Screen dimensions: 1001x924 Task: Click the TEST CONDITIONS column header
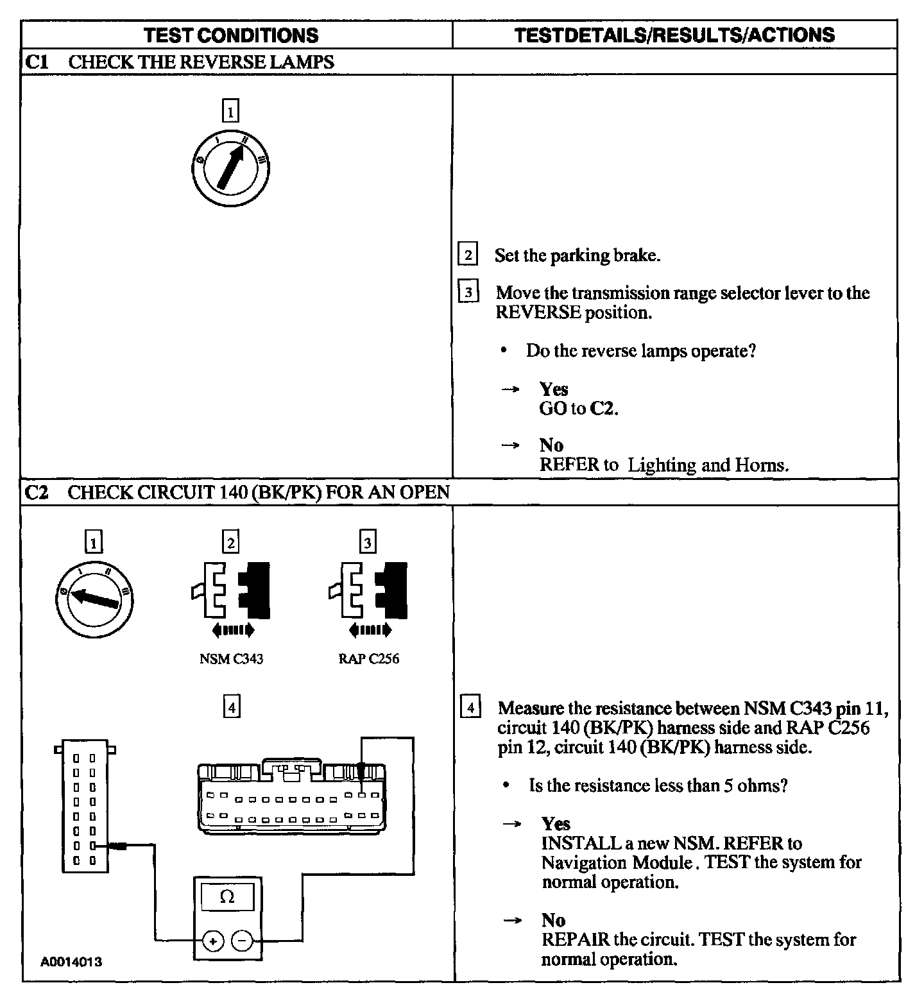pyautogui.click(x=231, y=35)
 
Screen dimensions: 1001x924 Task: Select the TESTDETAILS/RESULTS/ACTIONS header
pyautogui.click(x=674, y=35)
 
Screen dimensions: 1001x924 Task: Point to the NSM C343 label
pyautogui.click(x=231, y=659)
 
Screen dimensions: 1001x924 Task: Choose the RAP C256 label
pyautogui.click(x=368, y=659)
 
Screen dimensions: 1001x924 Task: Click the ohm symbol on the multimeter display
pyautogui.click(x=227, y=897)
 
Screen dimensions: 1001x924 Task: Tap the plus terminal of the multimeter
pyautogui.click(x=212, y=941)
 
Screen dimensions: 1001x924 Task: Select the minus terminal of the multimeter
pyautogui.click(x=242, y=941)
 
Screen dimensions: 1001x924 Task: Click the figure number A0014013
pyautogui.click(x=71, y=962)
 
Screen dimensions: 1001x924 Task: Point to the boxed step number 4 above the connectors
pyautogui.click(x=231, y=708)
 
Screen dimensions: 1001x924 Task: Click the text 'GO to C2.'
pyautogui.click(x=579, y=409)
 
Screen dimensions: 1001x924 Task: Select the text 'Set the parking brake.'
pyautogui.click(x=577, y=255)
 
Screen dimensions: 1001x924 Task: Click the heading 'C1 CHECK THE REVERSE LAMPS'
pyautogui.click(x=180, y=62)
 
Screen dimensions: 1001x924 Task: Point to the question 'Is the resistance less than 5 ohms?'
pyautogui.click(x=658, y=785)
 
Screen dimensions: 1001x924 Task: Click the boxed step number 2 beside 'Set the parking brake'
pyautogui.click(x=468, y=255)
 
